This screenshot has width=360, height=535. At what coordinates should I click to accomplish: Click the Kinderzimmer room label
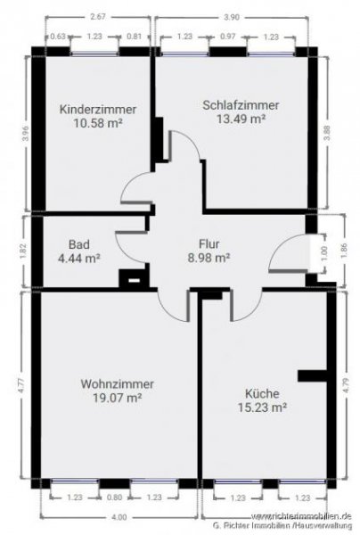(98, 109)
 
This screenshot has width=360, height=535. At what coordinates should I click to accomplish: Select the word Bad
(79, 243)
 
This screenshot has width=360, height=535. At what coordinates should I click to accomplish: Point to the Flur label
(209, 243)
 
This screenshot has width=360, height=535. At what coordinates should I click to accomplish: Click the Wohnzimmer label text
(117, 383)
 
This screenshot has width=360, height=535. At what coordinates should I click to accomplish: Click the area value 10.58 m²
(98, 123)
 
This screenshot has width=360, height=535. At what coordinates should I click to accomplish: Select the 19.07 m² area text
(117, 398)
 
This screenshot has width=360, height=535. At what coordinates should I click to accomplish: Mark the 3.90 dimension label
(232, 16)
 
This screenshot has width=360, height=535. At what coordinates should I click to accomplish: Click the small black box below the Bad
(134, 280)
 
